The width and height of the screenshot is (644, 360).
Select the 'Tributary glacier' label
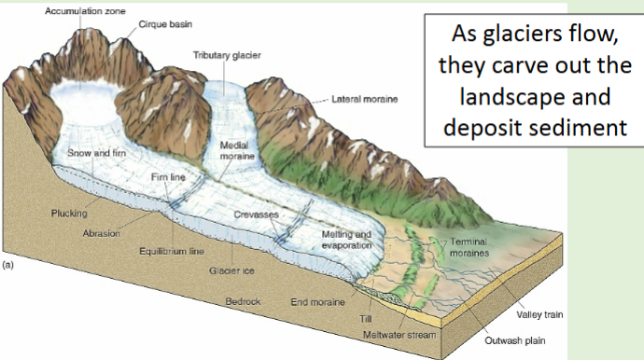coord(227,56)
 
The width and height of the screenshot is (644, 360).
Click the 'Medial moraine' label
coord(233,152)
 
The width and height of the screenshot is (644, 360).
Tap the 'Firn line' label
coord(168,176)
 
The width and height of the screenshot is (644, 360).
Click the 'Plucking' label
coord(68,214)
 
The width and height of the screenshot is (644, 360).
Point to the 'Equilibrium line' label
coord(172,252)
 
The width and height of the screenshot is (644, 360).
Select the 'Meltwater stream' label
coord(395,333)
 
